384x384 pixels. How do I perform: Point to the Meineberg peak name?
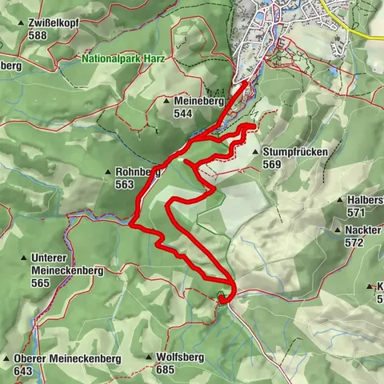pyautogui.click(x=196, y=102)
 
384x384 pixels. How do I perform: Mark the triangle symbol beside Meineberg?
pyautogui.click(x=166, y=102)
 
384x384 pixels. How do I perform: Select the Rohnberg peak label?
pyautogui.click(x=138, y=171)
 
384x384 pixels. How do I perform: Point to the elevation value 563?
pyautogui.click(x=125, y=183)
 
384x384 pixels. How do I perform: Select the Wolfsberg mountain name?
pyautogui.click(x=180, y=358)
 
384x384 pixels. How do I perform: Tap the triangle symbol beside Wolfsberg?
pyautogui.click(x=150, y=358)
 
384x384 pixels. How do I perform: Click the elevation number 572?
pyautogui.click(x=355, y=242)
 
